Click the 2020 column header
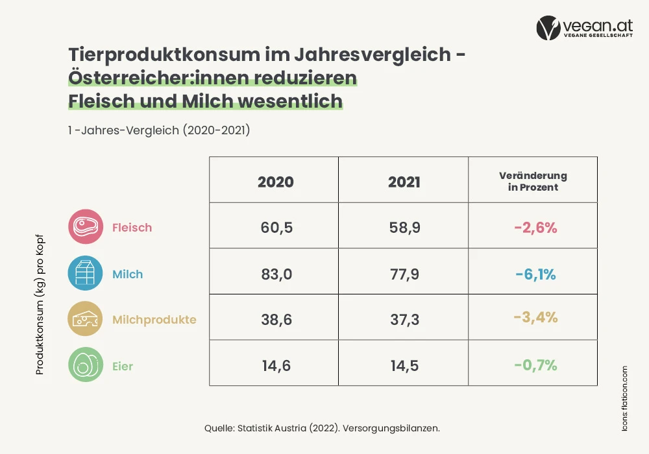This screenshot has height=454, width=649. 276,182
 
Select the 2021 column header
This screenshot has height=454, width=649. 404,182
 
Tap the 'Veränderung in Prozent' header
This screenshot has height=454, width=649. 533,181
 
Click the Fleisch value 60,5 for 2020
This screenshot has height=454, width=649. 276,228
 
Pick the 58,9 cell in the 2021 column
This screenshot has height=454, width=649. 405,228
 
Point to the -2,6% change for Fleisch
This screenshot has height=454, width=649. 535,228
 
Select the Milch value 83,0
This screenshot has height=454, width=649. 276,274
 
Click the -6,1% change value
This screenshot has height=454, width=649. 535,274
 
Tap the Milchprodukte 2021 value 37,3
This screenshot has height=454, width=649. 405,320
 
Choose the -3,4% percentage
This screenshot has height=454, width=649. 535,317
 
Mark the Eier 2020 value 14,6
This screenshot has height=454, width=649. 276,366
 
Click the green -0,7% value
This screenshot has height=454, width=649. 535,365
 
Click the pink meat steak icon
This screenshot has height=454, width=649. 86,226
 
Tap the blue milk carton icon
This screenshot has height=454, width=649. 85,273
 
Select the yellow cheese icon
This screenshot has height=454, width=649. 85,319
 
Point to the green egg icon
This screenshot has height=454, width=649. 86,364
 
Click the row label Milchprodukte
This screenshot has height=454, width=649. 154,320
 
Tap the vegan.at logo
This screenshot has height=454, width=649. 585,28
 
